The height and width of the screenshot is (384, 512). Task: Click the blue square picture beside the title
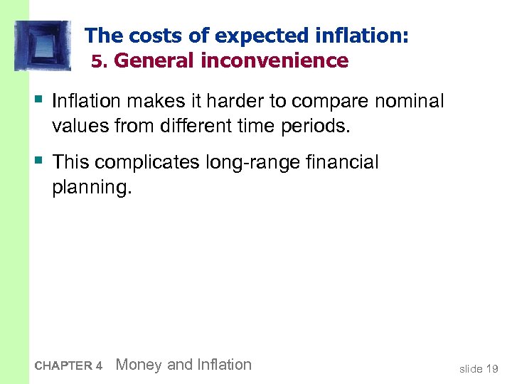43,46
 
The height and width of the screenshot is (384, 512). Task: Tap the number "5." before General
100,62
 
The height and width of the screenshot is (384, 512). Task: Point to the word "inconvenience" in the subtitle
274,61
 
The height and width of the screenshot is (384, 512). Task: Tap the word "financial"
347,163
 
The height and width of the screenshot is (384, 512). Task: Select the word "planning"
91,188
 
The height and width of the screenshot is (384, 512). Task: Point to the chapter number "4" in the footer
99,366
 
